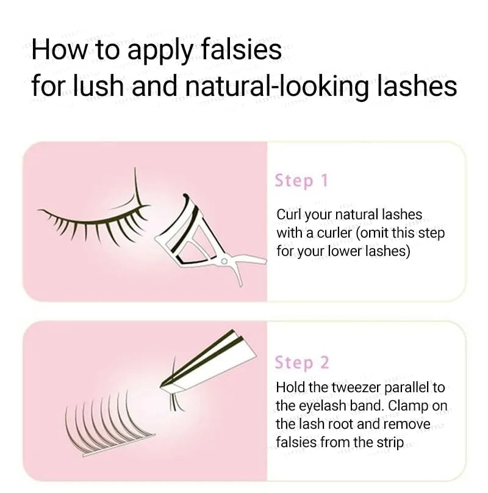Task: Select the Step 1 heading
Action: (301, 181)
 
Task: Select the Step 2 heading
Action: (302, 362)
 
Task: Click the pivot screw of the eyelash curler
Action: (224, 261)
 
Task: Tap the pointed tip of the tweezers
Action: (161, 385)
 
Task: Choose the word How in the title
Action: (59, 49)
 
